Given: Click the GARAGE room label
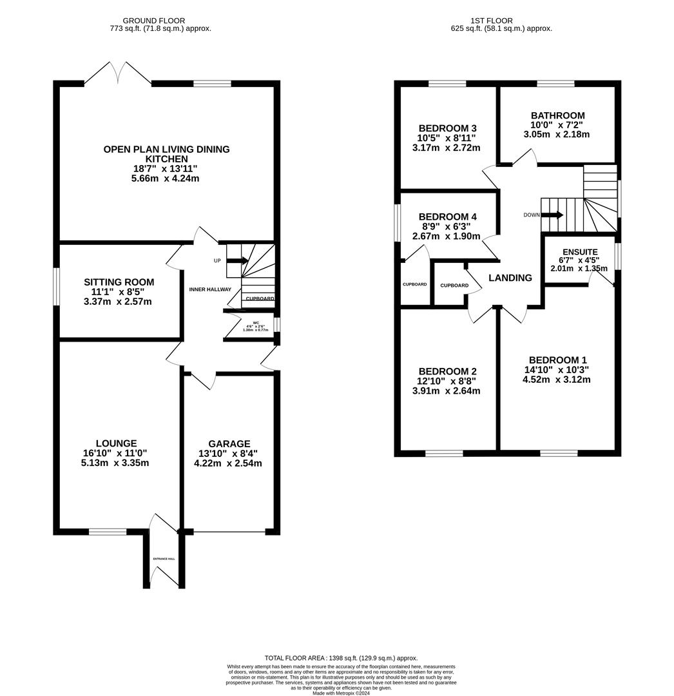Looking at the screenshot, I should pos(229,443).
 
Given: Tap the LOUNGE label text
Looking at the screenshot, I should pos(116,443).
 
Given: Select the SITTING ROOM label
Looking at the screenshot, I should pos(119,282).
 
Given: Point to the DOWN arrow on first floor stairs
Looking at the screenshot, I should pos(552,215).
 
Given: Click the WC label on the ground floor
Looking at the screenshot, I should pos(256,322).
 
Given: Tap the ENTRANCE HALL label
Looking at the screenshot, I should pos(164,559).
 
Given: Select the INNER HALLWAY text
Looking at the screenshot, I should pos(210,289).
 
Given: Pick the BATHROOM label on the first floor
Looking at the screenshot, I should pos(557,115).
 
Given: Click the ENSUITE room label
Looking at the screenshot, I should pos(580,252).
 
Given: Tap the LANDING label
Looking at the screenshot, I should pos(510,278).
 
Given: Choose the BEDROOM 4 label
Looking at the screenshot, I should pos(447,217).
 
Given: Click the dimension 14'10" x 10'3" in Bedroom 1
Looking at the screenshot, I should pos(557,370).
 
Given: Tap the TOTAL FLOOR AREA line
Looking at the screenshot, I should pos(341,657).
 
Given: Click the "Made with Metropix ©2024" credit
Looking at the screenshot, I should pos(341,693).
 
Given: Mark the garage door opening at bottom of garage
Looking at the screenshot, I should pos(229,532).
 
